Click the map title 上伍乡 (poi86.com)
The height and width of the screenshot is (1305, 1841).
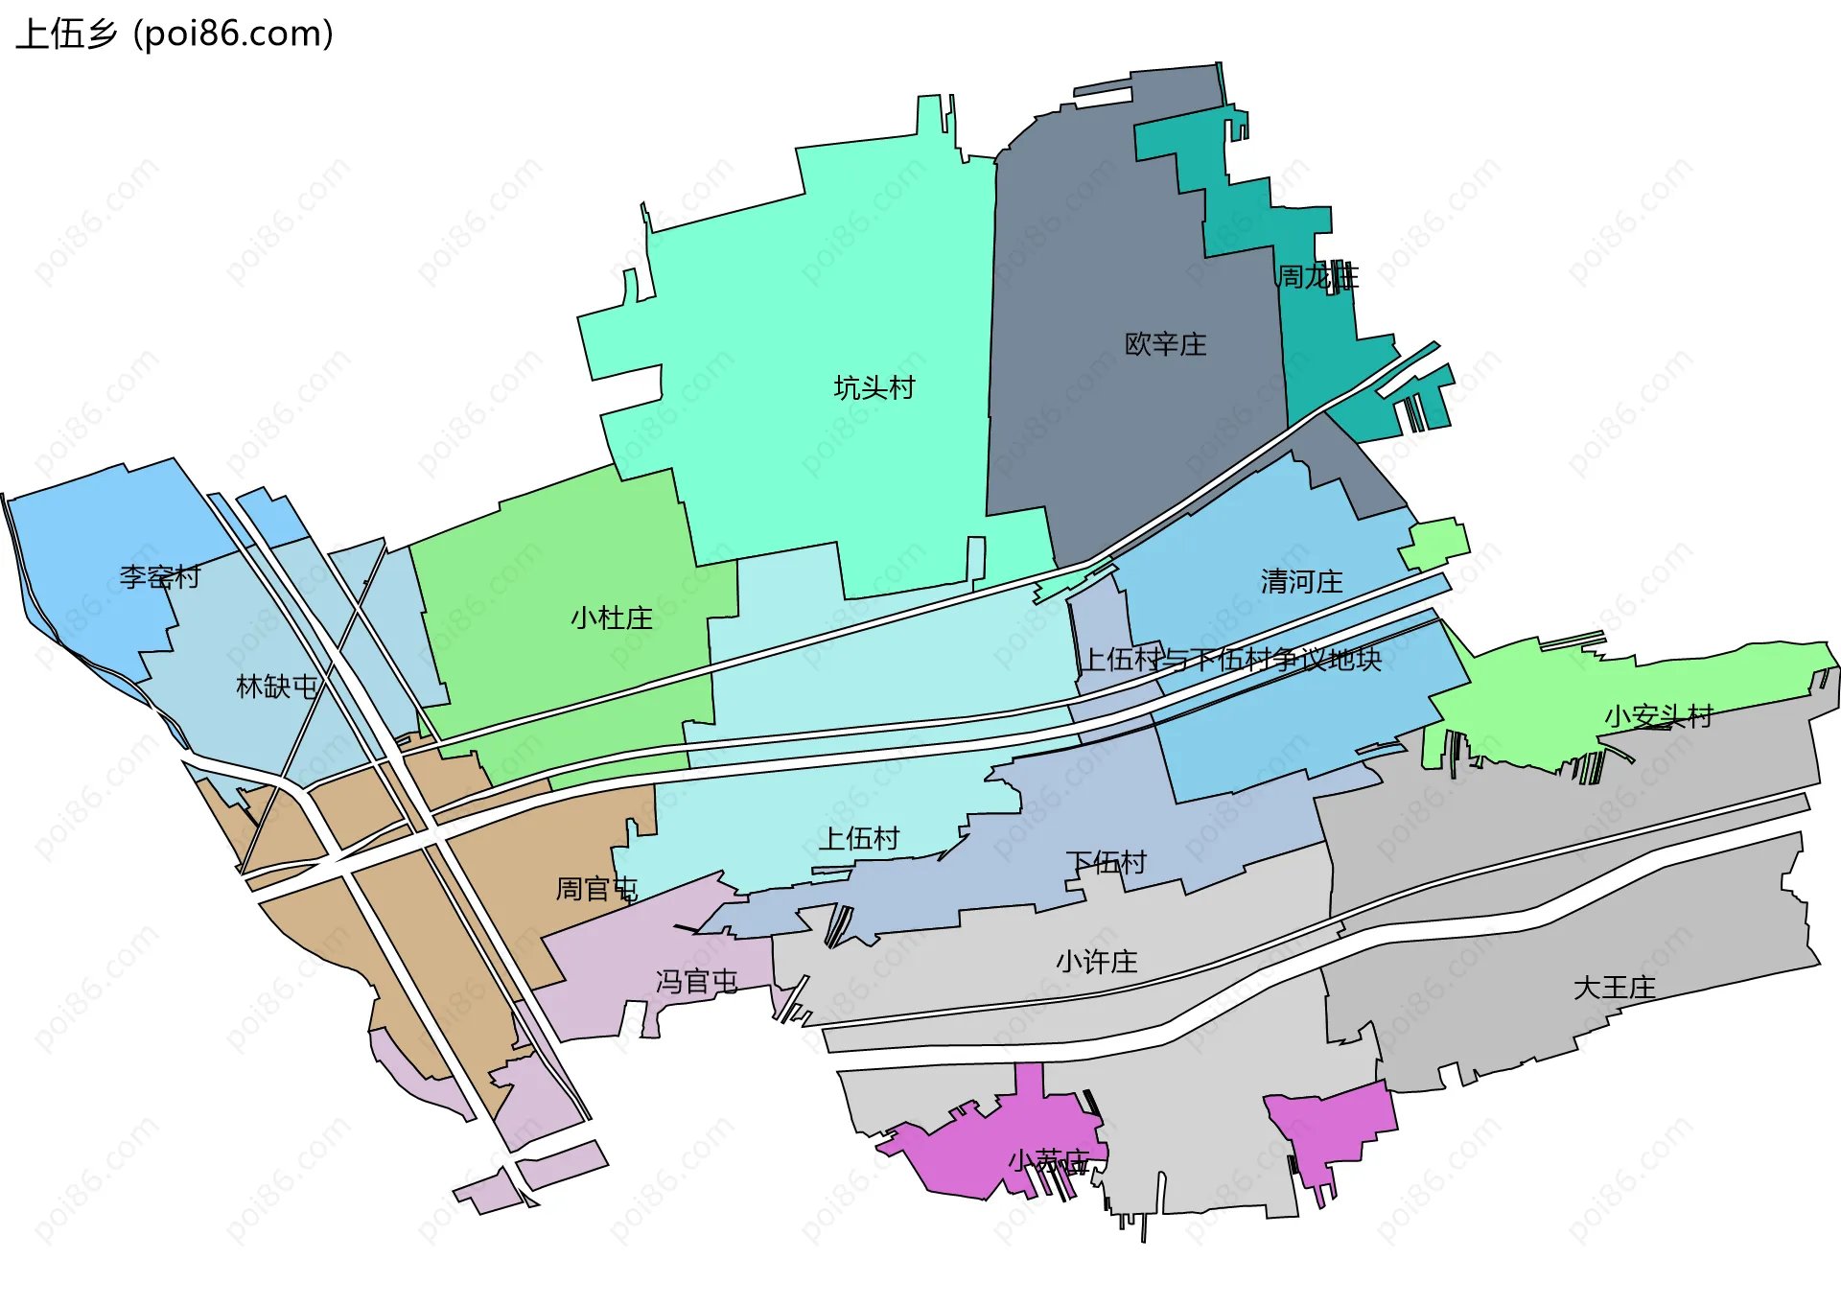coord(175,35)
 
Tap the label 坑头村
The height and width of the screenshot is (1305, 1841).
coord(874,387)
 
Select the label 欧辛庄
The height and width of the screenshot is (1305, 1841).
coord(1165,344)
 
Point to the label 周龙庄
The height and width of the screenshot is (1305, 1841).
coord(1317,277)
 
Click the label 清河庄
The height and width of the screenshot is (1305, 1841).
coord(1301,581)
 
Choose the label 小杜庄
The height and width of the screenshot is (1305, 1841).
coord(611,618)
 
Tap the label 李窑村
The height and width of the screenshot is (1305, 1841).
coord(159,576)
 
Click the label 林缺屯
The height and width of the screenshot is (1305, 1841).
coord(276,687)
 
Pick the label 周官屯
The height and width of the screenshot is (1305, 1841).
coord(595,889)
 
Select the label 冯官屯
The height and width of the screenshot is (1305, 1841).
coord(696,981)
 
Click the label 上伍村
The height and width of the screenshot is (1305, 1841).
coord(858,839)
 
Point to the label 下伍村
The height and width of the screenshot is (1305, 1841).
coord(1106,862)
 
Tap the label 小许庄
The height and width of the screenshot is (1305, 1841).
coord(1096,961)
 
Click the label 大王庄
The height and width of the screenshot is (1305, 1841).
coord(1614,988)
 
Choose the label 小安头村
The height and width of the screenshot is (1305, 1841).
coord(1658,715)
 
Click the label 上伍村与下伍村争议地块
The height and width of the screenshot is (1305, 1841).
coord(1231,659)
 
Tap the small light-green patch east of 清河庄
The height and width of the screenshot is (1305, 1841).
coord(1435,543)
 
